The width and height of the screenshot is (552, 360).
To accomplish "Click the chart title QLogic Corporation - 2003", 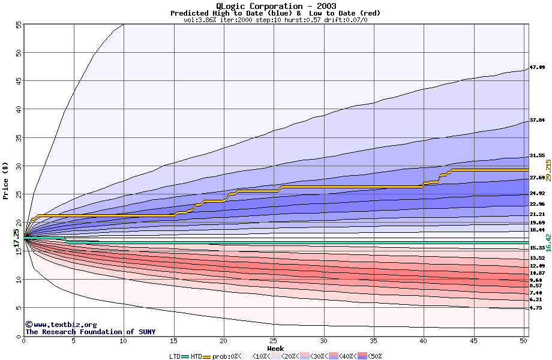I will click(x=275, y=6).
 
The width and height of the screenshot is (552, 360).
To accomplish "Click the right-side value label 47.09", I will click(x=537, y=67).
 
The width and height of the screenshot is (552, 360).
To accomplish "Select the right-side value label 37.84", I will click(x=537, y=120).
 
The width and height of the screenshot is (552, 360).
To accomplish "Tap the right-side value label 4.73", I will click(x=535, y=308).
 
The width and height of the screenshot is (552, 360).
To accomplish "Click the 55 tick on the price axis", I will click(x=18, y=25).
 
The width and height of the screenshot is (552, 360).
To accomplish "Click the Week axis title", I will click(x=275, y=348).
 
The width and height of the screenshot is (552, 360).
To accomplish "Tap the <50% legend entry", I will click(x=373, y=356).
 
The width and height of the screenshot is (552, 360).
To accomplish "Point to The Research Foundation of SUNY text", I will click(x=90, y=332).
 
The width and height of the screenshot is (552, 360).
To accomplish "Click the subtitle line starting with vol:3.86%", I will click(x=275, y=20).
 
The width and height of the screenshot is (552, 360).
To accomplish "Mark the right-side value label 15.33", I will click(x=537, y=248).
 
